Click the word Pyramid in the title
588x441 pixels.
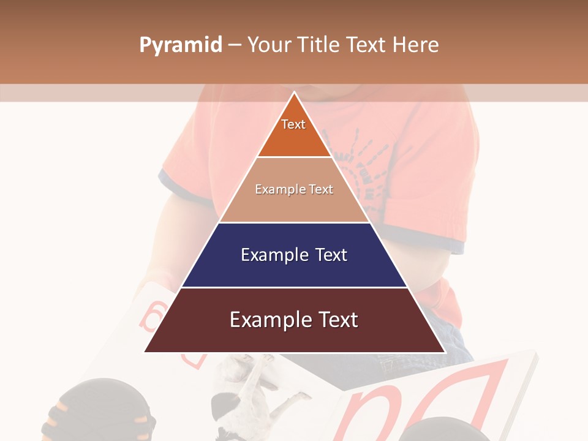[x=180, y=45]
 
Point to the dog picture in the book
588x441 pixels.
[x=257, y=392]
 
